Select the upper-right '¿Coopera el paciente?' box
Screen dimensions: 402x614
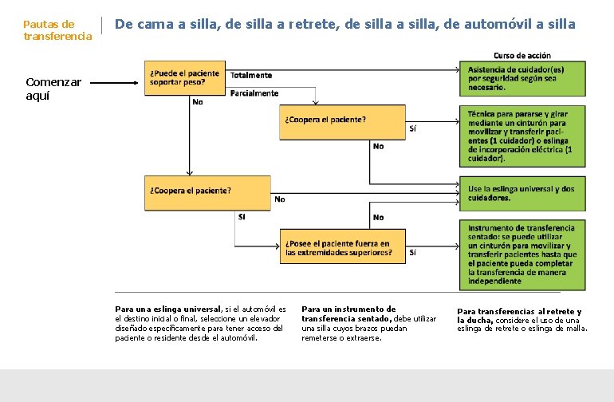342,122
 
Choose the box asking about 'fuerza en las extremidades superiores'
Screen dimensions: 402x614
342,246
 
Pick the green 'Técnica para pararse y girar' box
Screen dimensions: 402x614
525,136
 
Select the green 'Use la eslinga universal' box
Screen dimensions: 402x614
525,192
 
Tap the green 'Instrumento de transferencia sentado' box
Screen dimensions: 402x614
525,254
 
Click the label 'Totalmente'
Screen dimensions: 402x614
251,75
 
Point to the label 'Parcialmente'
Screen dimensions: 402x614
254,93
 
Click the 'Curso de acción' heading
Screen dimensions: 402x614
522,55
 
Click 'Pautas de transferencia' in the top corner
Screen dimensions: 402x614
57,30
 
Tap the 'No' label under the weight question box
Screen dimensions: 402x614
197,102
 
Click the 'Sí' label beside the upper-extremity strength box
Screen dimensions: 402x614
412,252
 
